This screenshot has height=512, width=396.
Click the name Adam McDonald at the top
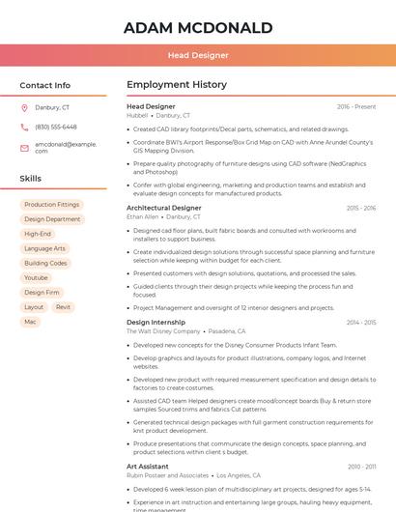pos(198,28)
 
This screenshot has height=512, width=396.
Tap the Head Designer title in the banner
pos(198,55)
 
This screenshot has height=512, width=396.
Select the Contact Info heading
pos(45,85)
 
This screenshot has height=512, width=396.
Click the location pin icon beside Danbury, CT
pos(24,108)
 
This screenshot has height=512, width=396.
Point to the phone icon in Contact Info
pos(24,127)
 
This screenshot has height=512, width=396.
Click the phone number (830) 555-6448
pos(56,127)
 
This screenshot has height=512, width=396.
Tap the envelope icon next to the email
pos(24,148)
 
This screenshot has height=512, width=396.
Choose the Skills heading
pos(31,179)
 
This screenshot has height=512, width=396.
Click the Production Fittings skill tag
pos(51,205)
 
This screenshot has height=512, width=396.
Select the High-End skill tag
pos(38,234)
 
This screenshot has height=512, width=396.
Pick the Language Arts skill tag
pos(44,248)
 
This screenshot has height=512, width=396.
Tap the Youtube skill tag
pos(36,277)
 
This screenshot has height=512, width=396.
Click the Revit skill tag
pos(63,306)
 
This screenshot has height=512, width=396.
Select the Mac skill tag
pos(30,321)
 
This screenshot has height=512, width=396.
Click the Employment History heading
pos(176,85)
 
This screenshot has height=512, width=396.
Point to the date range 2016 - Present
pos(356,106)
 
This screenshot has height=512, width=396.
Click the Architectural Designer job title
pos(164,208)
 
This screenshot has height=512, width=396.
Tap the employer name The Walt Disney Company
pos(163,331)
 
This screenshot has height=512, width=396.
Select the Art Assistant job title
pos(148,467)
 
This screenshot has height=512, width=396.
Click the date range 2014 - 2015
pos(361,322)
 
